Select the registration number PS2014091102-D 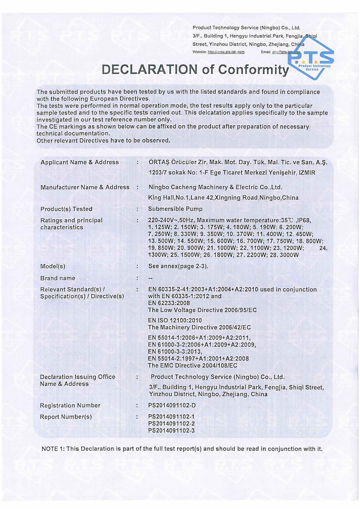172,405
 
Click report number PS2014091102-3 171,431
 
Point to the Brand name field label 58,278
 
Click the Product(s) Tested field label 66,209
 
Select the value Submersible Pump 175,209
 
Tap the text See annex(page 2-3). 178,266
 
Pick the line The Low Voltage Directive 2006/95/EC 202,310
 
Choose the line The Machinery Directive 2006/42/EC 199,327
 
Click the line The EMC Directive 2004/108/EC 193,366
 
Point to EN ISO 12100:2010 175,320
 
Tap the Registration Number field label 70,405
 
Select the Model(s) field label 53,266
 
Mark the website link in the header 226,52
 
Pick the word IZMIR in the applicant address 307,173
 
